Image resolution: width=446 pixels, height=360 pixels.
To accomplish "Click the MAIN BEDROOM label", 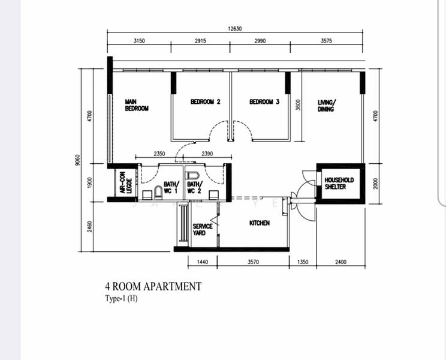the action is pos(137,105).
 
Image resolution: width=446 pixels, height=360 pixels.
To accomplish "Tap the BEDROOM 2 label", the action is pos(206,101).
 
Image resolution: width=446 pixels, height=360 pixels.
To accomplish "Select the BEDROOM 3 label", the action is pos(264,101).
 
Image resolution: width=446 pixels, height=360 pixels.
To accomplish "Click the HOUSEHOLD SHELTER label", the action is pos(339,183).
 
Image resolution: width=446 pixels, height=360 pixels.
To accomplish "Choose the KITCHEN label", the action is pos(260,223).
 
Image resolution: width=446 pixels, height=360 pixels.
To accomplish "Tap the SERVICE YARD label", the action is pos(203,229).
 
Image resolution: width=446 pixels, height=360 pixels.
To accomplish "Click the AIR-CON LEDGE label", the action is pos(126,182).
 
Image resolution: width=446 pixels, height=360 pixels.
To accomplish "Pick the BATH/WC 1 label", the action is pos(171,187).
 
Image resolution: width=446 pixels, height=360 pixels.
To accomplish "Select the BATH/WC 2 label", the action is pos(195,187).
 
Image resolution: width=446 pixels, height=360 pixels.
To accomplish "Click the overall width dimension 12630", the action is pos(234,28).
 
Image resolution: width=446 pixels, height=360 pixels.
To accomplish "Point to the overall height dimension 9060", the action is pos(78,160).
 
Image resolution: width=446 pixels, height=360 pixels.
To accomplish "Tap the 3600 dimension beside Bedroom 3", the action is pos(298,105).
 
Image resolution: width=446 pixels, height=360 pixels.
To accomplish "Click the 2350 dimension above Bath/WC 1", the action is pos(159,154).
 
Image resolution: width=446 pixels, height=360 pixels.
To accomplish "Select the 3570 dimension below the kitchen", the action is pos(253,262).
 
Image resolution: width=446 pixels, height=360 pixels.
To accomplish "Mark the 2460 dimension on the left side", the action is pos(89,227).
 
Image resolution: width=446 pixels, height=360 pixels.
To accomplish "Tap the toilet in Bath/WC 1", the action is pos(158,193).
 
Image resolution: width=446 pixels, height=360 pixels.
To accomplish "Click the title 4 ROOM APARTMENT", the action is pos(153,286).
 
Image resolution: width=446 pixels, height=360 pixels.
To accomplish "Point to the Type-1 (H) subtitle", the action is pos(122,298).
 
